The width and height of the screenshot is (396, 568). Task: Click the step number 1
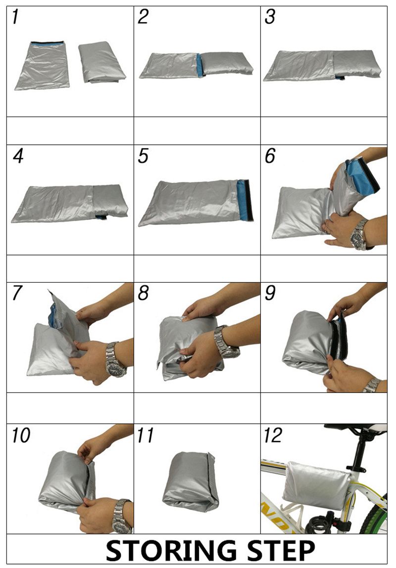[15, 17]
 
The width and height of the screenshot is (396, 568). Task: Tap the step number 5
[143, 156]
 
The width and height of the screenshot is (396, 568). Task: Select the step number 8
[143, 293]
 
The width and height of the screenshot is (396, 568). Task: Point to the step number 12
[272, 435]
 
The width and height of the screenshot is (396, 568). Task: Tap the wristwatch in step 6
[359, 235]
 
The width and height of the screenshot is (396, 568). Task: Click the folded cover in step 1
[101, 62]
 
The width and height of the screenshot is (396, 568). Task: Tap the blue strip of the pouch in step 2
[199, 65]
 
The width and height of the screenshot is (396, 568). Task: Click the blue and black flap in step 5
[245, 200]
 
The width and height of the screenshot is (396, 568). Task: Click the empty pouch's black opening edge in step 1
[47, 42]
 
